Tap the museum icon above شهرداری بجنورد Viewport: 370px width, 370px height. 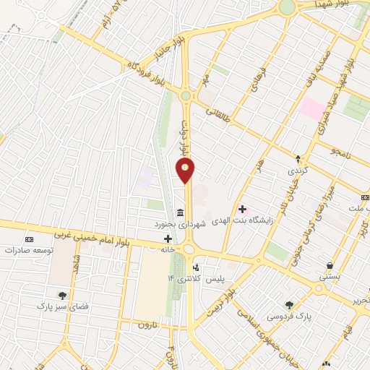(179, 212)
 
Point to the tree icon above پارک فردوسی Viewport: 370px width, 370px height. (290, 305)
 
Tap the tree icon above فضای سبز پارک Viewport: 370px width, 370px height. (63, 295)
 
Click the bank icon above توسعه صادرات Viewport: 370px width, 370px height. (29, 238)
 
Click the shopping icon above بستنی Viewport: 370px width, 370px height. (330, 265)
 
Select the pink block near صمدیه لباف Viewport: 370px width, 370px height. (313, 108)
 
